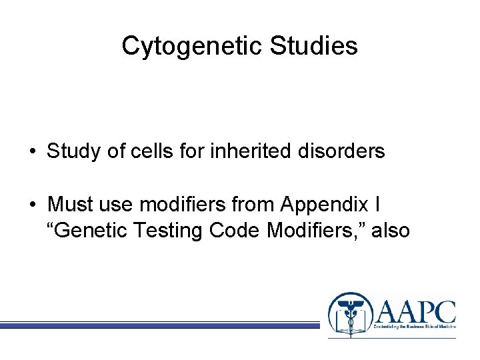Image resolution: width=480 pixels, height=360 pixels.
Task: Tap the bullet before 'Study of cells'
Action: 32,152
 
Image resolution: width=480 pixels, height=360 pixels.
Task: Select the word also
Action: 391,231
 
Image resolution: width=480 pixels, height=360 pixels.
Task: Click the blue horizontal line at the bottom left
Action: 160,325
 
